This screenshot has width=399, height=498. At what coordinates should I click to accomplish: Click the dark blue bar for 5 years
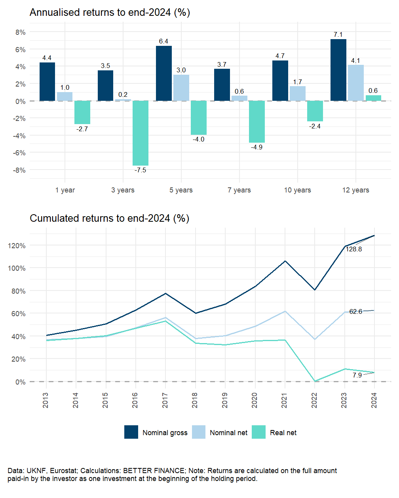[x=163, y=74]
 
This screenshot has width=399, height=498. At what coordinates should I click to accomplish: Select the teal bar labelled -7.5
[x=141, y=133]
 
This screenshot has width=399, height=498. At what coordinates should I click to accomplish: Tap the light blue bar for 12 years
[x=355, y=83]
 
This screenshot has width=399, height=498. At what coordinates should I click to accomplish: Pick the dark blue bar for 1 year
[x=47, y=82]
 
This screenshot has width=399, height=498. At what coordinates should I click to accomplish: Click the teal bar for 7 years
[x=257, y=122]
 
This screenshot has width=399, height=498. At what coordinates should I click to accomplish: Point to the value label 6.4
[x=163, y=41]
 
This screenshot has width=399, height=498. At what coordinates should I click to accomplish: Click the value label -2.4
[x=315, y=126]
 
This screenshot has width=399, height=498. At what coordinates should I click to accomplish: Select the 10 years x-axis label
[x=297, y=190]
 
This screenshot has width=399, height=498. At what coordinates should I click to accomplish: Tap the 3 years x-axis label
[x=123, y=190]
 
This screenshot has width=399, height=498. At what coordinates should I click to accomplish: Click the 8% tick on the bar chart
[x=21, y=32]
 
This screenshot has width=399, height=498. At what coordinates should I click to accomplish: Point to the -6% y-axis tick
[x=20, y=153]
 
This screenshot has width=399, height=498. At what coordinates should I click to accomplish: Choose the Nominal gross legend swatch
[x=131, y=432]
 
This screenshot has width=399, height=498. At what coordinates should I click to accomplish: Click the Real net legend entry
[x=283, y=433]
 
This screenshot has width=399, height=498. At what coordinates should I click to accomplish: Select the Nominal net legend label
[x=228, y=433]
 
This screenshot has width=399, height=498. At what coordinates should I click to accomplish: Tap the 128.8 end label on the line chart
[x=353, y=249]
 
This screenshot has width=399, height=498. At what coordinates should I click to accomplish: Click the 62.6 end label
[x=355, y=312]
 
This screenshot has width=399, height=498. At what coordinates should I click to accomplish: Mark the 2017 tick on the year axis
[x=165, y=400]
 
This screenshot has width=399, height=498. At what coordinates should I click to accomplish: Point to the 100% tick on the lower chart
[x=17, y=268]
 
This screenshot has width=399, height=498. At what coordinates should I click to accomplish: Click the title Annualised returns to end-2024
[x=110, y=13]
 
